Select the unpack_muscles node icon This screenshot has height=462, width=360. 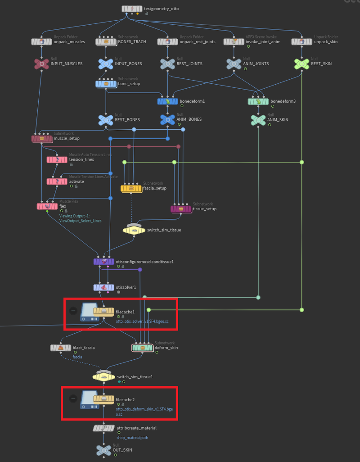tap(42, 42)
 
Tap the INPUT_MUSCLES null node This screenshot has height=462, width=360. tap(42, 64)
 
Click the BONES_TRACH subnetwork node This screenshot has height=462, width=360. tap(106, 42)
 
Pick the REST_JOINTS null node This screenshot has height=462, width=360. tap(168, 64)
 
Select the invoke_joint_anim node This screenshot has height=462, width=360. tap(234, 42)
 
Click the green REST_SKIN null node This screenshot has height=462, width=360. tap(301, 64)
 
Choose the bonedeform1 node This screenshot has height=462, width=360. tap(168, 101)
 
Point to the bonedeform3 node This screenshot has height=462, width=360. tap(258, 101)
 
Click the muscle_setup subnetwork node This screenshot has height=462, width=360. tap(42, 139)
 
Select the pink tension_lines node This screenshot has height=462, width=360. tap(57, 160)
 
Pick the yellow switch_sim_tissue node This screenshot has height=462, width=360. tap(134, 230)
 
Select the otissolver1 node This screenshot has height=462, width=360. tap(104, 287)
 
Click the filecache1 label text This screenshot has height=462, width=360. tap(125, 311)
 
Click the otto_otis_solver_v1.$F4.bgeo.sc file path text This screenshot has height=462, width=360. tap(142, 322)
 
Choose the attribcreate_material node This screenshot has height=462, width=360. tap(104, 428)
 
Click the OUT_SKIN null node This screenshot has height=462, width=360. tap(104, 450)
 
